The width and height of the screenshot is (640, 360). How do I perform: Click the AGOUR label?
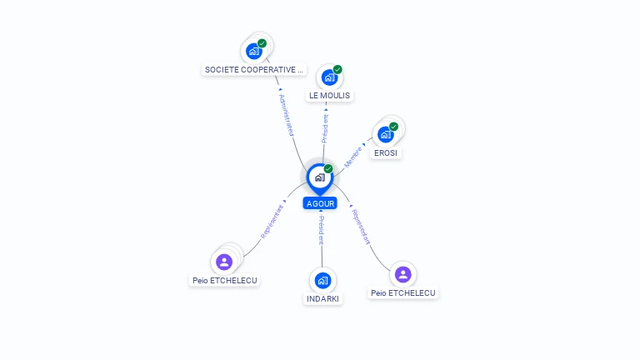point(320,203)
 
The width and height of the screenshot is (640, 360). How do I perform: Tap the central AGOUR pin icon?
point(320,178)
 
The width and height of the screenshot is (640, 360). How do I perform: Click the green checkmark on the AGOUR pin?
point(328,168)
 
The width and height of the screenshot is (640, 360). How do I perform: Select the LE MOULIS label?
point(329,96)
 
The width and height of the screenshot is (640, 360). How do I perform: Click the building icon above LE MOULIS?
point(329,77)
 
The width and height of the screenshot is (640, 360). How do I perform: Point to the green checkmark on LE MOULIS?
point(337,69)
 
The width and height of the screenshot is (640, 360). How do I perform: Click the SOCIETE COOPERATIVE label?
point(254,70)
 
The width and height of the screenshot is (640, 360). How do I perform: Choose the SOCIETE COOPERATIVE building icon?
point(254,52)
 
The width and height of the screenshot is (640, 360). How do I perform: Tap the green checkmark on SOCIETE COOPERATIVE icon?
point(262,43)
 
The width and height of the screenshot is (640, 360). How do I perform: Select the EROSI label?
point(386,153)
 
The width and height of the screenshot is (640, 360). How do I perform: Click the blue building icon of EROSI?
point(386,135)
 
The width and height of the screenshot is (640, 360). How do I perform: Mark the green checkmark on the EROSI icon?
point(393,127)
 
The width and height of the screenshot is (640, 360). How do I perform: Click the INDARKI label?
point(322,299)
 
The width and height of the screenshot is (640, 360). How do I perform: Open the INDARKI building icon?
point(322,280)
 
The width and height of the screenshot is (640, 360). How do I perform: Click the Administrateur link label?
point(287,115)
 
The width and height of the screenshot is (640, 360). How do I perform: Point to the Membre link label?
point(353,157)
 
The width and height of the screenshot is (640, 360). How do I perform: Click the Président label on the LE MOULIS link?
point(325,128)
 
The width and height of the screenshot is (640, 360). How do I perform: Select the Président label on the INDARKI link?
point(321,230)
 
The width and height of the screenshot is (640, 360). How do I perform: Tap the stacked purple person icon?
point(224,262)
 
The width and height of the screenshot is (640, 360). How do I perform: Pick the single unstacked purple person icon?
point(402,274)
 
